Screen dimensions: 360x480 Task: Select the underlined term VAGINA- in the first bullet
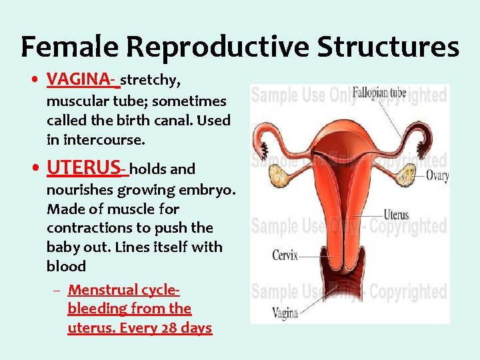pos(82,81)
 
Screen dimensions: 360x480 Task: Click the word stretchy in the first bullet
pos(150,81)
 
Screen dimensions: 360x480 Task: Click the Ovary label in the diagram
pos(437,177)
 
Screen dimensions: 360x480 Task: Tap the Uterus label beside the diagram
pos(396,215)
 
